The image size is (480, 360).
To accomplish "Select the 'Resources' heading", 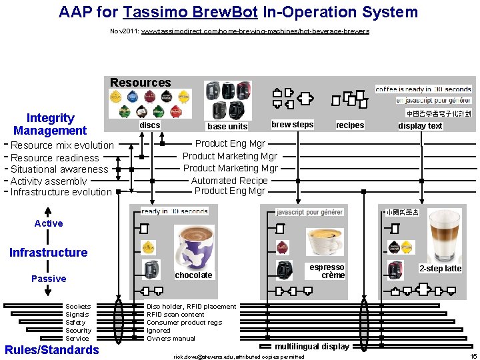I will pos(140,83).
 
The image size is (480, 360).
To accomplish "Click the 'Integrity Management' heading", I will pos(50,124).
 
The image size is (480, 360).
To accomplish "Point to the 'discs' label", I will pos(149,125).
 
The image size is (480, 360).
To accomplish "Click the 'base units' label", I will pos(227,126).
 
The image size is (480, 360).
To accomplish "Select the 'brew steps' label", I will pos(292,125).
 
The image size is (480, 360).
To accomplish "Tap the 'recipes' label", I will pos(350,125).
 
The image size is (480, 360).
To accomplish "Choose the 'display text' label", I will pos(420,126).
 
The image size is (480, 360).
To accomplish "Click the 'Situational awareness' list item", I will pos(59,169).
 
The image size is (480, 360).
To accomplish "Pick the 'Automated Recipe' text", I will pos(229,181).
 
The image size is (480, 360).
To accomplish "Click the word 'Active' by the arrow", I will pos(49,223).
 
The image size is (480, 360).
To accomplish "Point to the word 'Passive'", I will pos(49,279).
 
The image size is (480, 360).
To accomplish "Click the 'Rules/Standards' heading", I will pos(52,350).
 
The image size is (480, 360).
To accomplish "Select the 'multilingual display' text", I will pos(312,347).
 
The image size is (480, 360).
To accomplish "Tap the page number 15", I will pos(473,357).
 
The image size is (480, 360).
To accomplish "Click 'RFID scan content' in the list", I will pos(175,315).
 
